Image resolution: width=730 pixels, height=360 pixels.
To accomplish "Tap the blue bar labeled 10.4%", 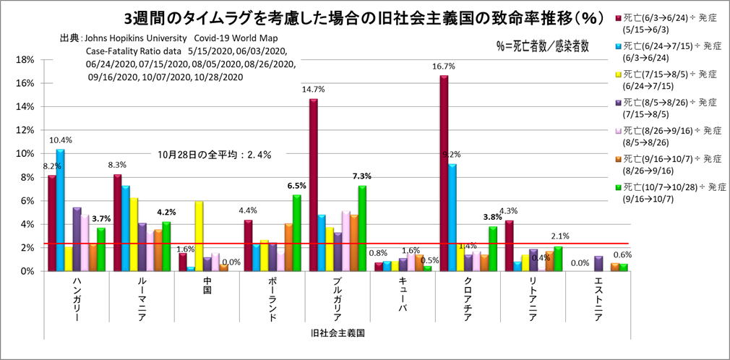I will (x=61, y=210).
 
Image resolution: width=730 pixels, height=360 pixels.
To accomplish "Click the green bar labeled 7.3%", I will (x=362, y=228).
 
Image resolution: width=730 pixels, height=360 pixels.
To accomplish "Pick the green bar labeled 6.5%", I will (x=297, y=233).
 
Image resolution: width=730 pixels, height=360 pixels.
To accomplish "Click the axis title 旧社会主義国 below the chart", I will (x=333, y=333).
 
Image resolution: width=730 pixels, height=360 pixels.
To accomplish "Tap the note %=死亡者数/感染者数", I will (x=542, y=46).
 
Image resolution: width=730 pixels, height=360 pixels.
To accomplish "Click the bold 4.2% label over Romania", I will (x=167, y=213).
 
